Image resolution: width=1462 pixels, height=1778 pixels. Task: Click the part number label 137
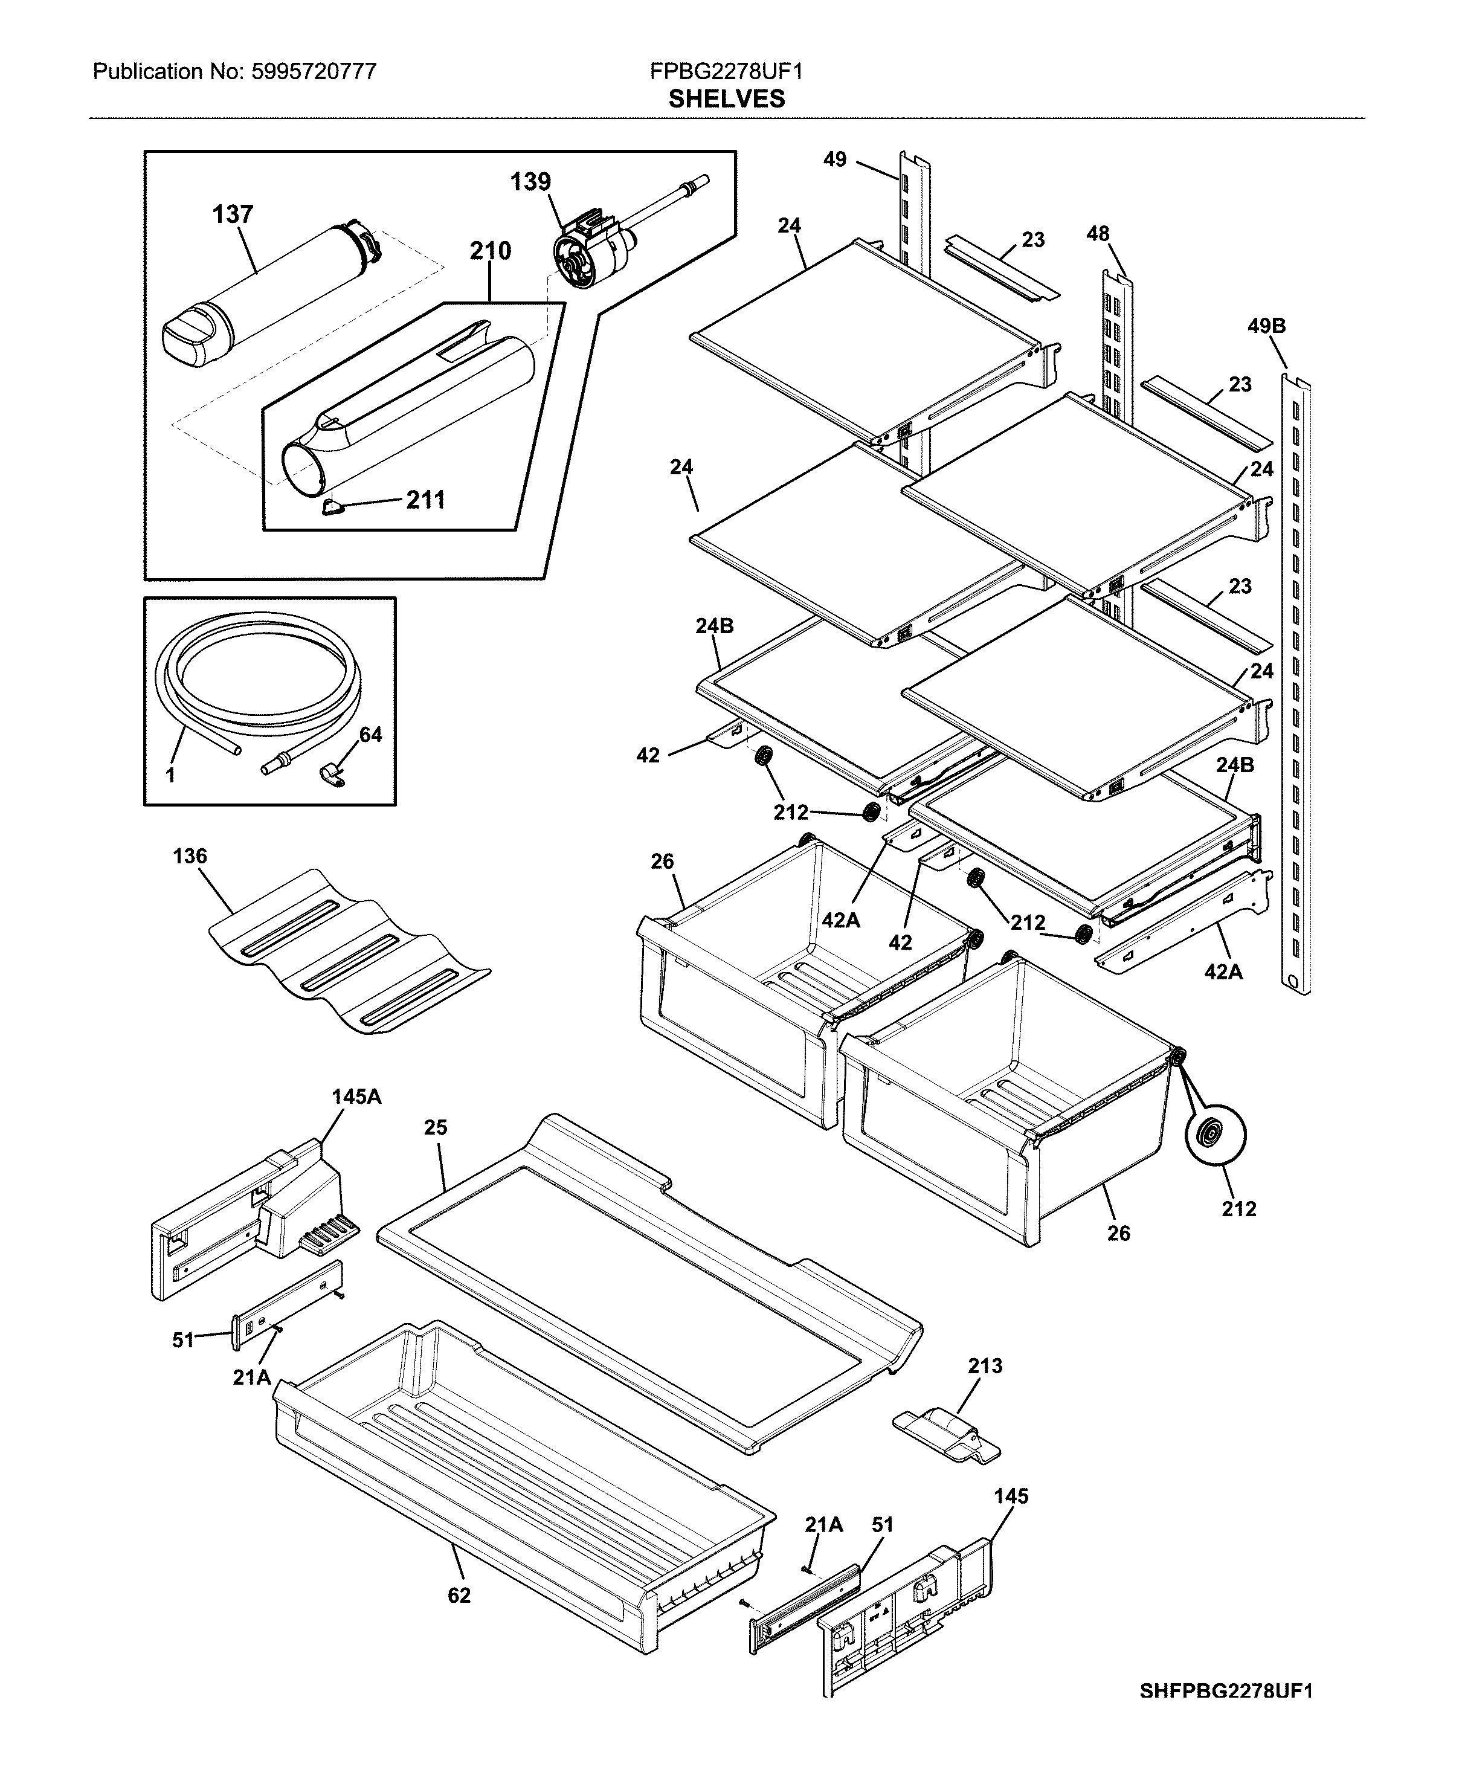click(233, 215)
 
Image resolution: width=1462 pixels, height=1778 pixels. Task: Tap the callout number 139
click(530, 182)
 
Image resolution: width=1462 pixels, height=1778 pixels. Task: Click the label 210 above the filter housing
click(490, 251)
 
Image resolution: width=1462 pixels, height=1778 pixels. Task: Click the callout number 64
click(370, 735)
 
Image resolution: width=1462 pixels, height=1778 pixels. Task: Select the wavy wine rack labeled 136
click(350, 952)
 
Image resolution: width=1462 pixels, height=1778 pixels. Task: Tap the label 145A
click(356, 1097)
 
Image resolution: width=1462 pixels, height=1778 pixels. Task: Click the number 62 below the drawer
click(459, 1595)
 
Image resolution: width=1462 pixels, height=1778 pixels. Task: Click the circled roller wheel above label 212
click(1216, 1135)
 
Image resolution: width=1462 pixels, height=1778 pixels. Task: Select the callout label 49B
click(1267, 326)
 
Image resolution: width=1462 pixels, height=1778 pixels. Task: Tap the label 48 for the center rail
click(1098, 234)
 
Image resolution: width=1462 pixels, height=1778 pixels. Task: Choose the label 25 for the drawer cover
click(436, 1127)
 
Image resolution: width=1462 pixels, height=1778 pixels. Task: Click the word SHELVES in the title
click(727, 100)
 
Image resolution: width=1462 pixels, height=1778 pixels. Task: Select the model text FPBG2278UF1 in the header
click(726, 72)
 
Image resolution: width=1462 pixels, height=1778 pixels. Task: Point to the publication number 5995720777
click(314, 72)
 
